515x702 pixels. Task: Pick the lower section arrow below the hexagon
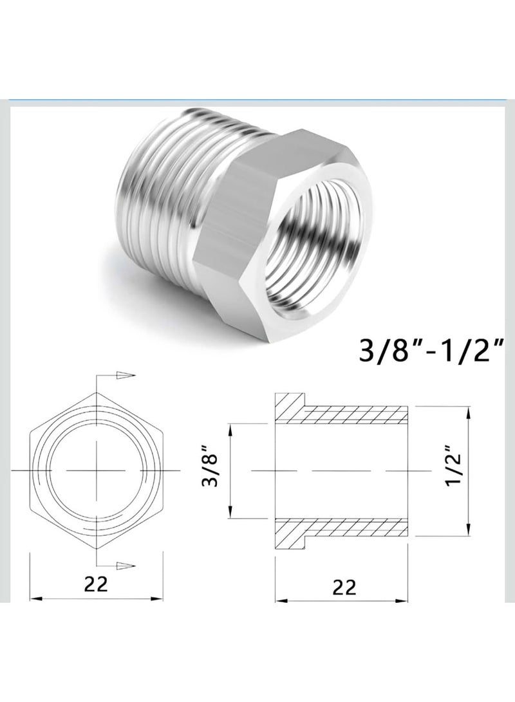pyautogui.click(x=126, y=565)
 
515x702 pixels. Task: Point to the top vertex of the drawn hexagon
pyautogui.click(x=97, y=393)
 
